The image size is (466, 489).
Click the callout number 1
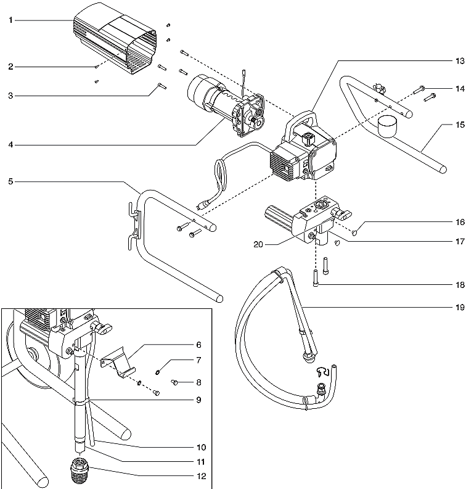pyautogui.click(x=10, y=20)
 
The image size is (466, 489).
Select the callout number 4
pyautogui.click(x=10, y=146)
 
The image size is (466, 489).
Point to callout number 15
pyautogui.click(x=459, y=124)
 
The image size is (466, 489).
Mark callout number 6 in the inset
pyautogui.click(x=199, y=344)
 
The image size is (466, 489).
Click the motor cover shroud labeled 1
pyautogui.click(x=114, y=43)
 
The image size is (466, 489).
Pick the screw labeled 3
pyautogui.click(x=161, y=86)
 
